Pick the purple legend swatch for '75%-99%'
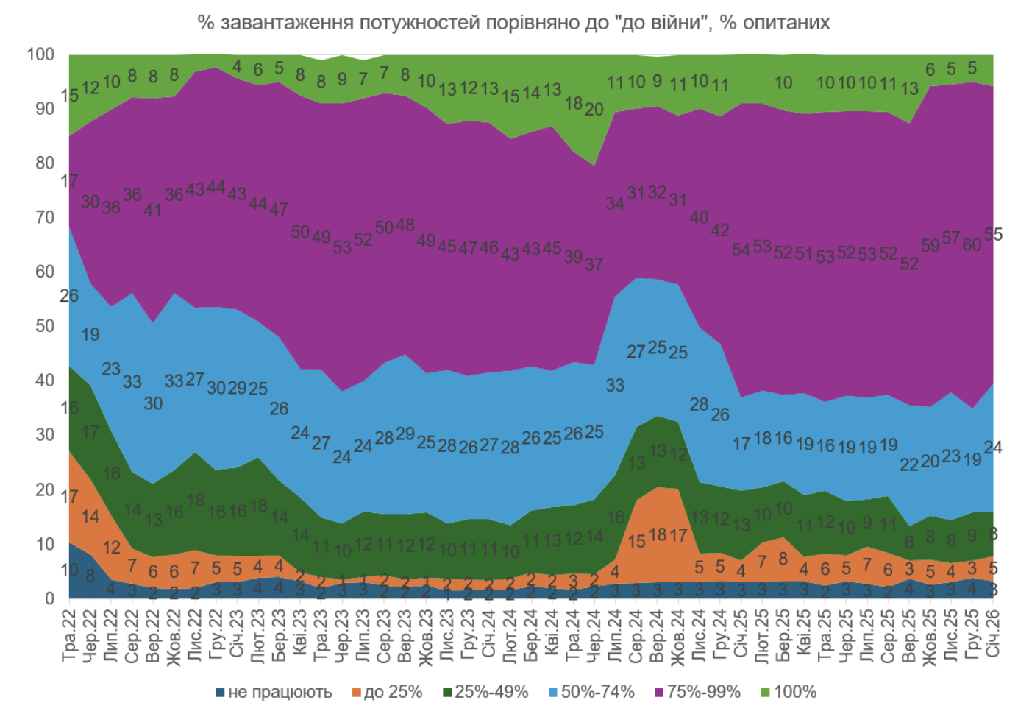[x=658, y=693]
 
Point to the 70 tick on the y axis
[x=45, y=217]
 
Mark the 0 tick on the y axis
[x=50, y=598]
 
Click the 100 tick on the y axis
[x=41, y=54]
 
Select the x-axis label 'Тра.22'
[x=69, y=635]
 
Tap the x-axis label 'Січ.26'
[x=993, y=635]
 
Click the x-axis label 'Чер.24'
[x=594, y=635]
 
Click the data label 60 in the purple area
[x=972, y=244]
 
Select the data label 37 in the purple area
[x=594, y=264]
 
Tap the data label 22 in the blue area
[x=909, y=464]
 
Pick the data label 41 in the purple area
[x=153, y=210]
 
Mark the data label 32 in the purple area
[x=657, y=193]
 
